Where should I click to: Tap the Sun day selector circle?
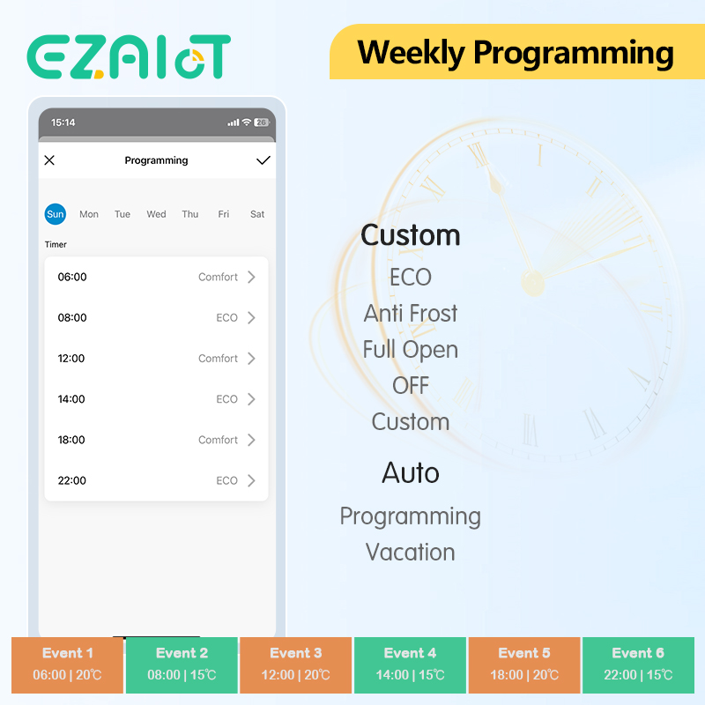click(x=56, y=214)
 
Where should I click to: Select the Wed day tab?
click(x=156, y=214)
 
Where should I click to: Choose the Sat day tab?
click(x=257, y=214)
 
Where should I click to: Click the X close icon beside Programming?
click(x=49, y=160)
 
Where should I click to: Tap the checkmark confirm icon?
click(x=263, y=160)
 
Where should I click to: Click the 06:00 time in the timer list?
click(x=72, y=277)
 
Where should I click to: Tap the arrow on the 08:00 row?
click(x=251, y=318)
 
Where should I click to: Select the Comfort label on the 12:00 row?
click(x=218, y=359)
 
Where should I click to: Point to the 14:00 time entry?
click(x=71, y=399)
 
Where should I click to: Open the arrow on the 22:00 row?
click(x=251, y=480)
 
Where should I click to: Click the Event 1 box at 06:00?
click(x=68, y=665)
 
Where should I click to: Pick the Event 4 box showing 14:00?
click(x=410, y=665)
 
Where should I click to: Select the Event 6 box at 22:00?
click(x=638, y=665)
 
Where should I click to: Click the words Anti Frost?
click(x=411, y=313)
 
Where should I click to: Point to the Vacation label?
click(x=411, y=553)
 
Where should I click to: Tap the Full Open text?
click(x=411, y=350)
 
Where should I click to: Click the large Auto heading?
click(x=411, y=472)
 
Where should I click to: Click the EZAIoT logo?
click(x=129, y=56)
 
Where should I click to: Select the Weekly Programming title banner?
click(x=517, y=52)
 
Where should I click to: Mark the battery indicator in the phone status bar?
click(x=262, y=122)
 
